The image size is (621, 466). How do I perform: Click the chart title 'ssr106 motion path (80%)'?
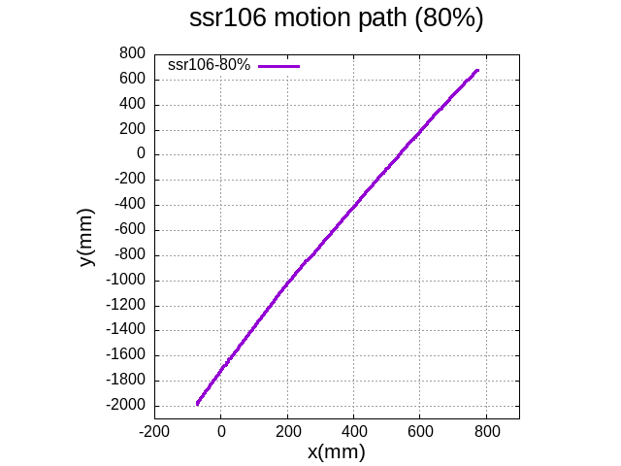(x=336, y=19)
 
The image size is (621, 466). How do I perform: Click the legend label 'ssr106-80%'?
(x=209, y=65)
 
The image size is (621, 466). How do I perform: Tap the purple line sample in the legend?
(x=279, y=66)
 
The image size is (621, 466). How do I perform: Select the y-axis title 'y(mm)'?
(x=86, y=237)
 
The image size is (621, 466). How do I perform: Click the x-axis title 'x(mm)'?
(x=336, y=451)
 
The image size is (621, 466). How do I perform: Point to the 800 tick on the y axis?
(x=133, y=53)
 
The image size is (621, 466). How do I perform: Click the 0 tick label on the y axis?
(x=141, y=154)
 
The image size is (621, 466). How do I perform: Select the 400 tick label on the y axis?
(x=133, y=104)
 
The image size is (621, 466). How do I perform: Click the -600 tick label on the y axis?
(x=129, y=230)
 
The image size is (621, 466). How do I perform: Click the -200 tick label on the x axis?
(x=154, y=430)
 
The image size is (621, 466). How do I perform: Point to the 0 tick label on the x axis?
(x=221, y=430)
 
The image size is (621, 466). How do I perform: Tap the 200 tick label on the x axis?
(x=287, y=430)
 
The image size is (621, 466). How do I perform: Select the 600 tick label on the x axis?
(x=420, y=430)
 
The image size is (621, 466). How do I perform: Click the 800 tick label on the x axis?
(x=486, y=430)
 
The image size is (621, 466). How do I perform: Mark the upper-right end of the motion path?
(x=477, y=70)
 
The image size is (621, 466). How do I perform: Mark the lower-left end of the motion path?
(x=197, y=403)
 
